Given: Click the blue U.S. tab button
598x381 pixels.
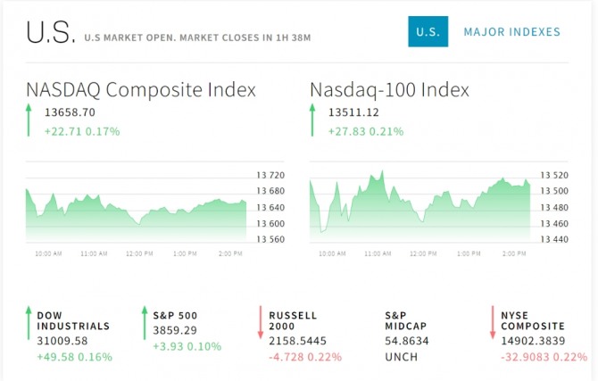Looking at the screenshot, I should click(x=428, y=32).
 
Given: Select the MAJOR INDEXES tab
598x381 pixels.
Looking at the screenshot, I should click(x=511, y=32).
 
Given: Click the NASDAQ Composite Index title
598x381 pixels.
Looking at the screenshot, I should click(x=141, y=90).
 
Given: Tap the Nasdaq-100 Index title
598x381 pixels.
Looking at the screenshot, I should click(x=389, y=90).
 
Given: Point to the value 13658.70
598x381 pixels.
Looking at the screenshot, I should click(x=70, y=112).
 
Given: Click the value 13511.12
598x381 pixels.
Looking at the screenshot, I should click(x=354, y=112).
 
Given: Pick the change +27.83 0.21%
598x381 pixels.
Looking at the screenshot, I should click(x=365, y=131).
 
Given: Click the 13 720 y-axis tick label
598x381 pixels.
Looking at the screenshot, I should click(x=270, y=176).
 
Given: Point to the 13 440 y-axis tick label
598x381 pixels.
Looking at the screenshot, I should click(x=554, y=239).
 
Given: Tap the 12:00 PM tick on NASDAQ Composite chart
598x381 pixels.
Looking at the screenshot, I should click(x=138, y=253).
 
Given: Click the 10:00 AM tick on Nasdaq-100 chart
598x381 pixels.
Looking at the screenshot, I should click(x=332, y=253).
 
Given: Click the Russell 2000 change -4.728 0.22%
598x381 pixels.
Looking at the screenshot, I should click(x=305, y=357).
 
